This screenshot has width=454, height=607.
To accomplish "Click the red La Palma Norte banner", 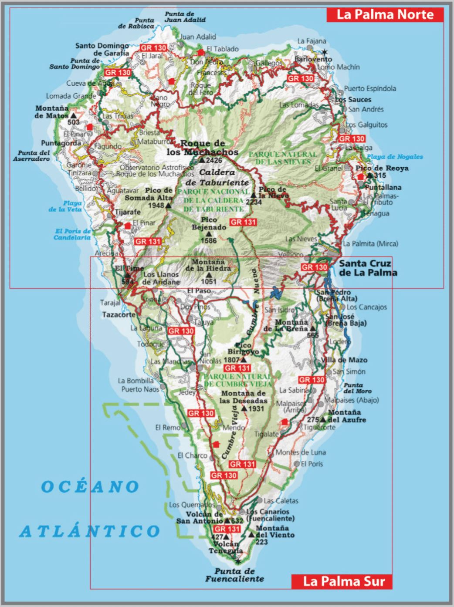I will [385, 15].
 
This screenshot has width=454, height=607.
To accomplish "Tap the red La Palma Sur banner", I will [344, 581].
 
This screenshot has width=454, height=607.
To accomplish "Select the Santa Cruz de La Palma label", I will [368, 268].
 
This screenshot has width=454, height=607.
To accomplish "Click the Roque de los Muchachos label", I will [203, 148].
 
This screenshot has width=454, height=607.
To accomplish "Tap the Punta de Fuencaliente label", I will [235, 575].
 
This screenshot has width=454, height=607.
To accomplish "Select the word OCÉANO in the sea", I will [90, 486].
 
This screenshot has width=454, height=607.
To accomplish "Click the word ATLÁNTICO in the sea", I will [90, 531].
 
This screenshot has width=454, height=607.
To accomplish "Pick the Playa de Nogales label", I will [395, 157].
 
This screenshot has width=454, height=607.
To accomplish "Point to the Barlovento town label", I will [313, 59].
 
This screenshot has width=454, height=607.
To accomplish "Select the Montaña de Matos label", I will [52, 112].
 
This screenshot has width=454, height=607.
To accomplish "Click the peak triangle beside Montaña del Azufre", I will [323, 419].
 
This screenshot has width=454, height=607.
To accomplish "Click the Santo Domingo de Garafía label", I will [102, 49].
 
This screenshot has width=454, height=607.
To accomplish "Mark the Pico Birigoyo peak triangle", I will [244, 360].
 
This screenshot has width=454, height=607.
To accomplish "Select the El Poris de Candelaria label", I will [72, 234].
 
